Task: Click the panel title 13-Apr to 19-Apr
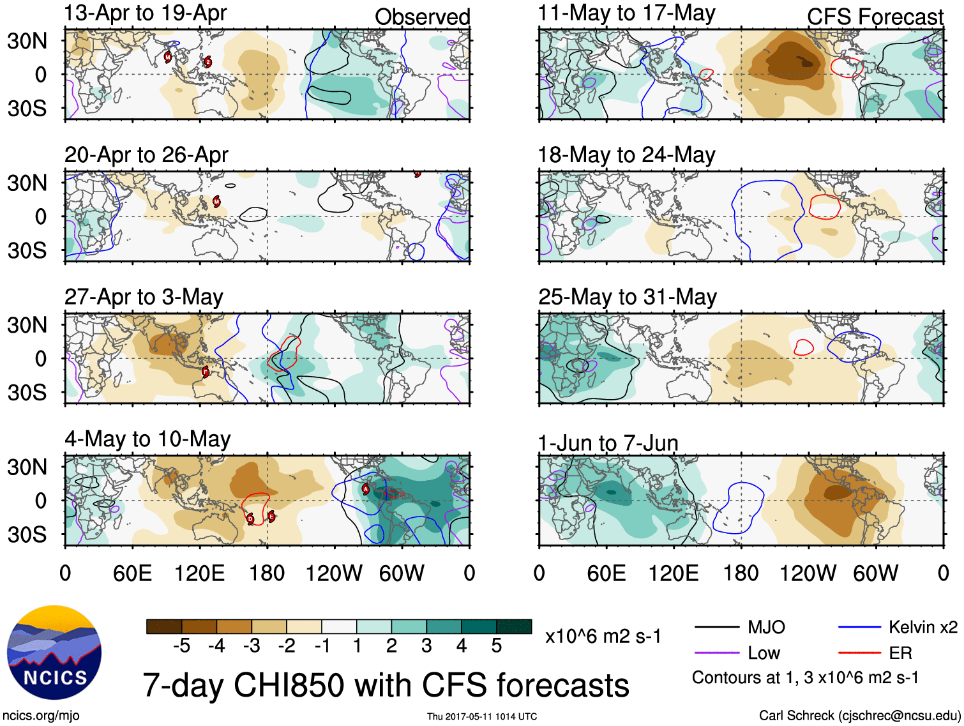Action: coord(146,13)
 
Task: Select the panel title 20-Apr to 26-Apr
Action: coord(146,155)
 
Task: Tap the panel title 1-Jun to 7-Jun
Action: coord(608,442)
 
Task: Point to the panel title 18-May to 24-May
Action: coord(626,155)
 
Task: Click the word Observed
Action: coord(422,17)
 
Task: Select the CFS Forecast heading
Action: coord(875,17)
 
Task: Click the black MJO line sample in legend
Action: coord(716,627)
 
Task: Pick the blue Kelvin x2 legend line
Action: coord(859,627)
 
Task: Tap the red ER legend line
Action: coord(859,653)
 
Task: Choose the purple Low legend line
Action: coord(716,653)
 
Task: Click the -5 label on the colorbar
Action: coord(181,646)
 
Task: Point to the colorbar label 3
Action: coord(426,646)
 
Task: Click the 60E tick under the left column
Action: coord(132,573)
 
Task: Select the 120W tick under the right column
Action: coord(808,573)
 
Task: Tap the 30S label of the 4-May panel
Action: coord(27,534)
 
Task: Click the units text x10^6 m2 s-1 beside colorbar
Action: coord(603,636)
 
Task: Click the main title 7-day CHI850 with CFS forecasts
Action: coord(386,685)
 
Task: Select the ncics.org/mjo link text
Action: coord(41,716)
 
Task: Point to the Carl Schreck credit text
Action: coord(859,715)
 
